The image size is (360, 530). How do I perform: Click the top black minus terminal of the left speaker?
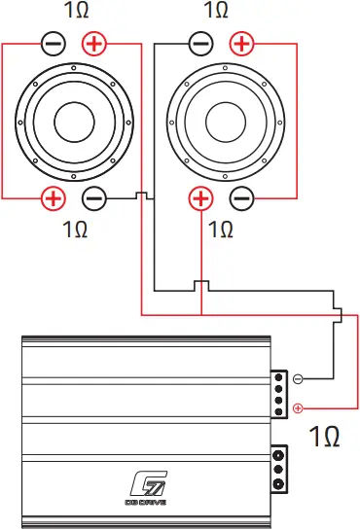tap(54, 44)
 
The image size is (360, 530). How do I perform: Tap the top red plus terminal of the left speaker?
tap(94, 44)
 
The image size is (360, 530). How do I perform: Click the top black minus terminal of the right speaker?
tap(199, 44)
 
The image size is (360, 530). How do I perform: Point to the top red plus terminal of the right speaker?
tap(240, 44)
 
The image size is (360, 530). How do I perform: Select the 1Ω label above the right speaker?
tap(218, 12)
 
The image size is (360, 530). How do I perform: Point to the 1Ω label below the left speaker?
tap(75, 230)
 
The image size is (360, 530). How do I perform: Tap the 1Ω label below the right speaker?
tap(221, 230)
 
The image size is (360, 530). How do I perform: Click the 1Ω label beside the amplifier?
tap(323, 437)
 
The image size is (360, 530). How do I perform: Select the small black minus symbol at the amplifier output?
tap(298, 378)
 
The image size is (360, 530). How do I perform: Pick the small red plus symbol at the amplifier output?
tap(298, 408)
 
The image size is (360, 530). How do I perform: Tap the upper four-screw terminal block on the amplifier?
tap(280, 393)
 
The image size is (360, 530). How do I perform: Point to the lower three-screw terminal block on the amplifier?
tap(280, 471)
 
